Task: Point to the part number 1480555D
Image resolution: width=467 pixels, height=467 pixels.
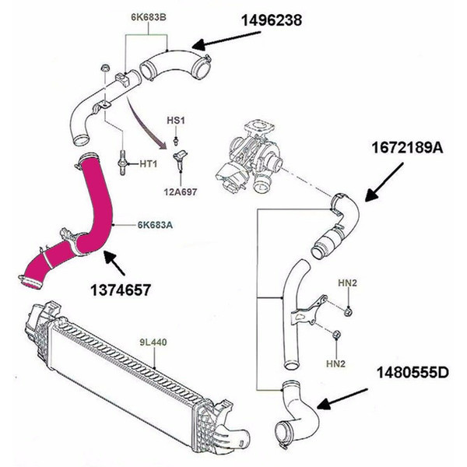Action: click(x=411, y=370)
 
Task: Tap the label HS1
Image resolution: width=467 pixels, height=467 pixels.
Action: click(x=176, y=123)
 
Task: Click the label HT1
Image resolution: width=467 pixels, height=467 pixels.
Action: click(x=149, y=163)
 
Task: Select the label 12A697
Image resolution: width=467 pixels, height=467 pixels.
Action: click(x=181, y=187)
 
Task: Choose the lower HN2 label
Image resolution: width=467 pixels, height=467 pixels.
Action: click(x=335, y=363)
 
